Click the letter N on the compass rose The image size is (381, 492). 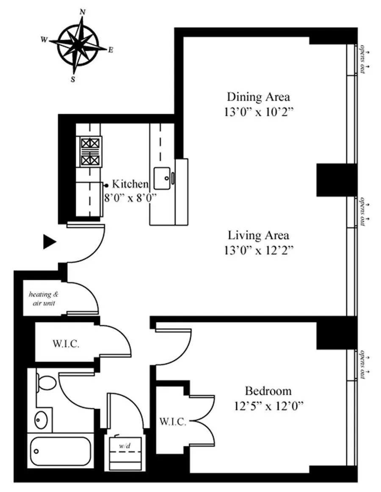(x=82, y=12)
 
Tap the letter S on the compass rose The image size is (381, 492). (x=73, y=79)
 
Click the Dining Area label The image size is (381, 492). (x=259, y=97)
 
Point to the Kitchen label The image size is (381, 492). (x=130, y=184)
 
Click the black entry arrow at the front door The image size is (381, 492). (x=50, y=242)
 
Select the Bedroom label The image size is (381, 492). (x=268, y=391)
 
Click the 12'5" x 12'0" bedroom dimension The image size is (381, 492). (x=268, y=406)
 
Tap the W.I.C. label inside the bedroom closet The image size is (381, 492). (x=172, y=422)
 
